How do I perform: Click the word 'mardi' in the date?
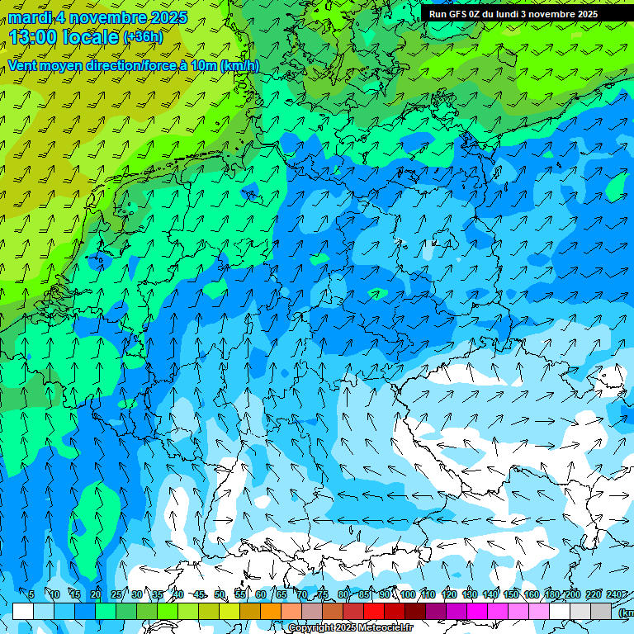coord(31,17)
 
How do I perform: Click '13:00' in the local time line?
coord(36,36)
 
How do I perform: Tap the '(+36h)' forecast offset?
coord(142,37)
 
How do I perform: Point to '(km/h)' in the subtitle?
coord(239,66)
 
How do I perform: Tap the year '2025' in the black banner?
coord(586,14)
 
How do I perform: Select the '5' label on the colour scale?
coord(31,594)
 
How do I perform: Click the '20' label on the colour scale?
coord(96,594)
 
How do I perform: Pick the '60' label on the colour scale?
coord(261,594)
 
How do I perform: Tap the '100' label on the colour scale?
coord(408,594)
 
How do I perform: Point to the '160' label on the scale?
coord(532,594)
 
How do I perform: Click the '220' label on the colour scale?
coord(594,594)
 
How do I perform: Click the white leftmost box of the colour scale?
coord(23,611)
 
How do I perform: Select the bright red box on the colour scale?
coord(374,611)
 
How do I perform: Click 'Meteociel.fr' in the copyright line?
coord(384,628)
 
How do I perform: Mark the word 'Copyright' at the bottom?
coord(312,628)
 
